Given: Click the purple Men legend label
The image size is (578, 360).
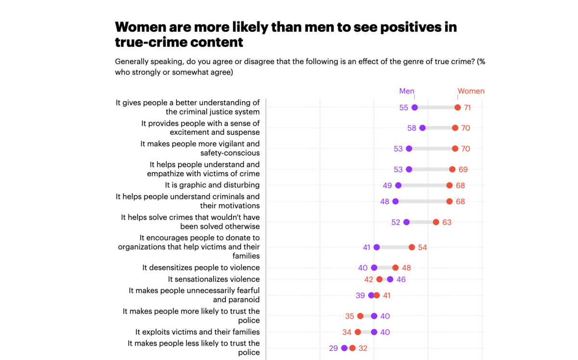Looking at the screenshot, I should tap(407, 91).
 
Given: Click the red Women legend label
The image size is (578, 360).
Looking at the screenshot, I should tap(471, 91).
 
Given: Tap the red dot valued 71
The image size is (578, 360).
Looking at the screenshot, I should tap(458, 107).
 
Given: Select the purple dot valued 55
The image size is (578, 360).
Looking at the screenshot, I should tap(415, 107).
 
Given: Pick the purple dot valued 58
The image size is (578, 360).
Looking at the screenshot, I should tap(422, 128).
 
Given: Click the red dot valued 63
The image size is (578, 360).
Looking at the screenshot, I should tap(436, 222).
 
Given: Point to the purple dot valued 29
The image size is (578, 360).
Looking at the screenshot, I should tap(344, 348).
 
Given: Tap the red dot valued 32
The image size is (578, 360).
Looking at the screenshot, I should tap(353, 348).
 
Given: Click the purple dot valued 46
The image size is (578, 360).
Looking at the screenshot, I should tap(390, 280).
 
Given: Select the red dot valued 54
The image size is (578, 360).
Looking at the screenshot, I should tap(412, 247).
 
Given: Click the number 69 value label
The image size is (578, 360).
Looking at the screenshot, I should tap(463, 170).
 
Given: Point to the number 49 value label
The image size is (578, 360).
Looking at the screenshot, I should tap(387, 186).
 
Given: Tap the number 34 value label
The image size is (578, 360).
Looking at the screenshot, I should tap(347, 332).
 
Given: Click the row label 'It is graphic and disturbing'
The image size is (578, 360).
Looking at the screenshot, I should tap(212, 185).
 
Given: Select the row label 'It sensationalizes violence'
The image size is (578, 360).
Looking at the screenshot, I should tap(213, 279).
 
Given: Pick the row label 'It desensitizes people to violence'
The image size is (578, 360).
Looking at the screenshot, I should tap(201, 267).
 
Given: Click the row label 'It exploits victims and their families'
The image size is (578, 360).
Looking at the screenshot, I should tap(197, 332).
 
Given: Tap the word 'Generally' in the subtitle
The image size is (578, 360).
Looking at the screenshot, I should tap(132, 62).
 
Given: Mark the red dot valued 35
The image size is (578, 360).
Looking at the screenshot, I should tap(360, 316).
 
